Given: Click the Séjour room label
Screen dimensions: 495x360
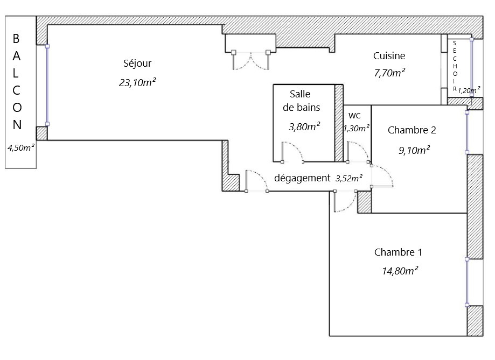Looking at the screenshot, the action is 137,63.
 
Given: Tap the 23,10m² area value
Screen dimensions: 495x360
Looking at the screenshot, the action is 137,82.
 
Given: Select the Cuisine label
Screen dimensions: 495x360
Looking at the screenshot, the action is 389,56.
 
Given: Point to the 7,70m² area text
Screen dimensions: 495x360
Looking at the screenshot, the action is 389,73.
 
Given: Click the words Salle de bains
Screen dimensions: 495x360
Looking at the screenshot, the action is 301,101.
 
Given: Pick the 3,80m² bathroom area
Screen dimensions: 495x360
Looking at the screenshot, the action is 304,126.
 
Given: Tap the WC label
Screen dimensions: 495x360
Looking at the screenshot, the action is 354,116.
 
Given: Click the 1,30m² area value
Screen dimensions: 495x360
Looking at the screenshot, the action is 357,129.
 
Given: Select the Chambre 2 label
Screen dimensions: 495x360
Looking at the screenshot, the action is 412,130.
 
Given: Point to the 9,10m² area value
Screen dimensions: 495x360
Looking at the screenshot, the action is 414,150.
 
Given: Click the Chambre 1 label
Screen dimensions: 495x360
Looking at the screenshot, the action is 398,252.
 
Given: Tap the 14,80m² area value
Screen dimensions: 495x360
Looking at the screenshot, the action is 400,271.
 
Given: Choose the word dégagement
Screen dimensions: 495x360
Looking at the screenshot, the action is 302,178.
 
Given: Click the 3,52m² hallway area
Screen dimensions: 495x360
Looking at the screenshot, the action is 349,179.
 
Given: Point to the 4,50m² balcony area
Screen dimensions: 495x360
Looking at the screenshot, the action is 21,147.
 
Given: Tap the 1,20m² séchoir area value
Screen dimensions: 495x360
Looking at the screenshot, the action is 469,90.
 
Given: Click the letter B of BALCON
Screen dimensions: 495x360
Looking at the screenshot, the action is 16,39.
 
